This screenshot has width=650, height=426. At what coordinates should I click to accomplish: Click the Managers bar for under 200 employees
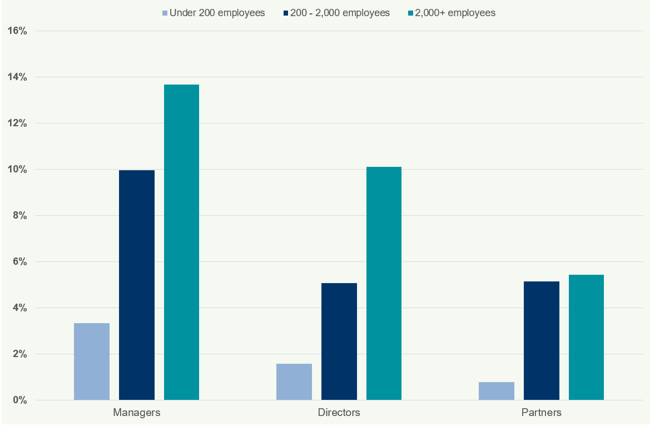pos(92,361)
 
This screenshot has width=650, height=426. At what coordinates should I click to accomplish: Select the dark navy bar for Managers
pos(137,285)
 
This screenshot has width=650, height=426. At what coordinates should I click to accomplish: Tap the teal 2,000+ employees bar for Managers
pos(181,242)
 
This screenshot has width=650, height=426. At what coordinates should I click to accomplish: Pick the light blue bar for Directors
pos(294,382)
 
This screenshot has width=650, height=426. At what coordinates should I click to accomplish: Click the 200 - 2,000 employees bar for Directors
pos(339,341)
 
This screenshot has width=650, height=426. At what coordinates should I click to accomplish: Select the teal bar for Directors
pos(384,283)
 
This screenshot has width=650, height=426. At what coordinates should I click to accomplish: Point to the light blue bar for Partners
pos(496,391)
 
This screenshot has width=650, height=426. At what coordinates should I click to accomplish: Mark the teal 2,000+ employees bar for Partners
pos(586,337)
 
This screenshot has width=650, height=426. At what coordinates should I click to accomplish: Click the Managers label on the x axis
pos(137,413)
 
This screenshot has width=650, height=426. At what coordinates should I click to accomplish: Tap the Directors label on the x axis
pos(339,413)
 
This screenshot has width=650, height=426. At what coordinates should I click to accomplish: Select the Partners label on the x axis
pos(541,413)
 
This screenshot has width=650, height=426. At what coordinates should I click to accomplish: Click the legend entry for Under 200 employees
pos(214,13)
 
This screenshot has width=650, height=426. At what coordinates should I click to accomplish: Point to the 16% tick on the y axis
pos(17,31)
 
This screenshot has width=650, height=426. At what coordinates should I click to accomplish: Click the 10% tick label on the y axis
pos(17,170)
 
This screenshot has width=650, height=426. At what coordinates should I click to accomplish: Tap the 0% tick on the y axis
pos(19,400)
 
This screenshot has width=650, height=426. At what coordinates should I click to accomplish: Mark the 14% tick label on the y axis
pos(17,77)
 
